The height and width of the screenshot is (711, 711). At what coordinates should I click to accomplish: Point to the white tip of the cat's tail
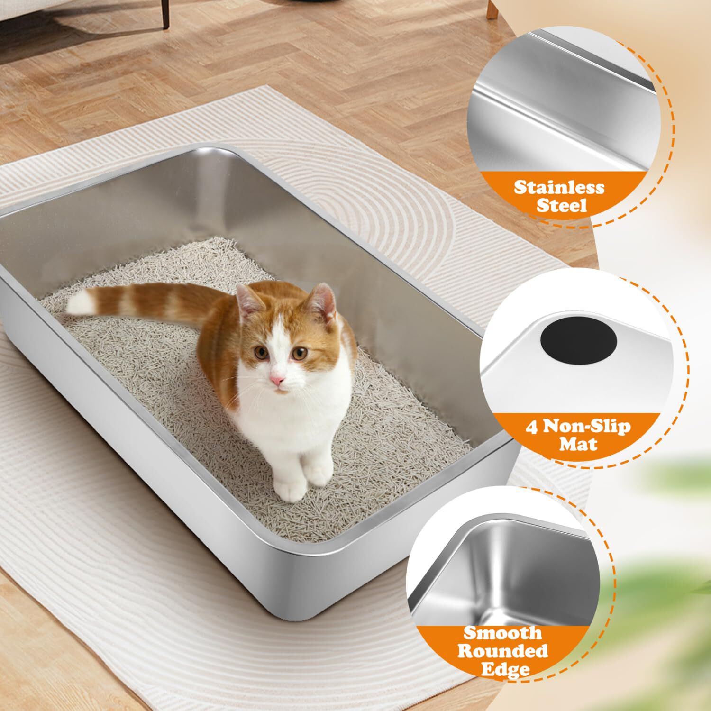80,302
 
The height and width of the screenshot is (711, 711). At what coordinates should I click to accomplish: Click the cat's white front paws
303,481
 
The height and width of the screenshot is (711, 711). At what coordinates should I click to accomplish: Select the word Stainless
559,187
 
